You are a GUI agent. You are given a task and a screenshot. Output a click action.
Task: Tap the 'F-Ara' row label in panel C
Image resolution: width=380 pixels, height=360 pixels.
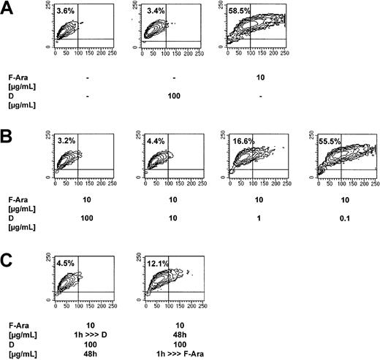(x=17, y=320)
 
